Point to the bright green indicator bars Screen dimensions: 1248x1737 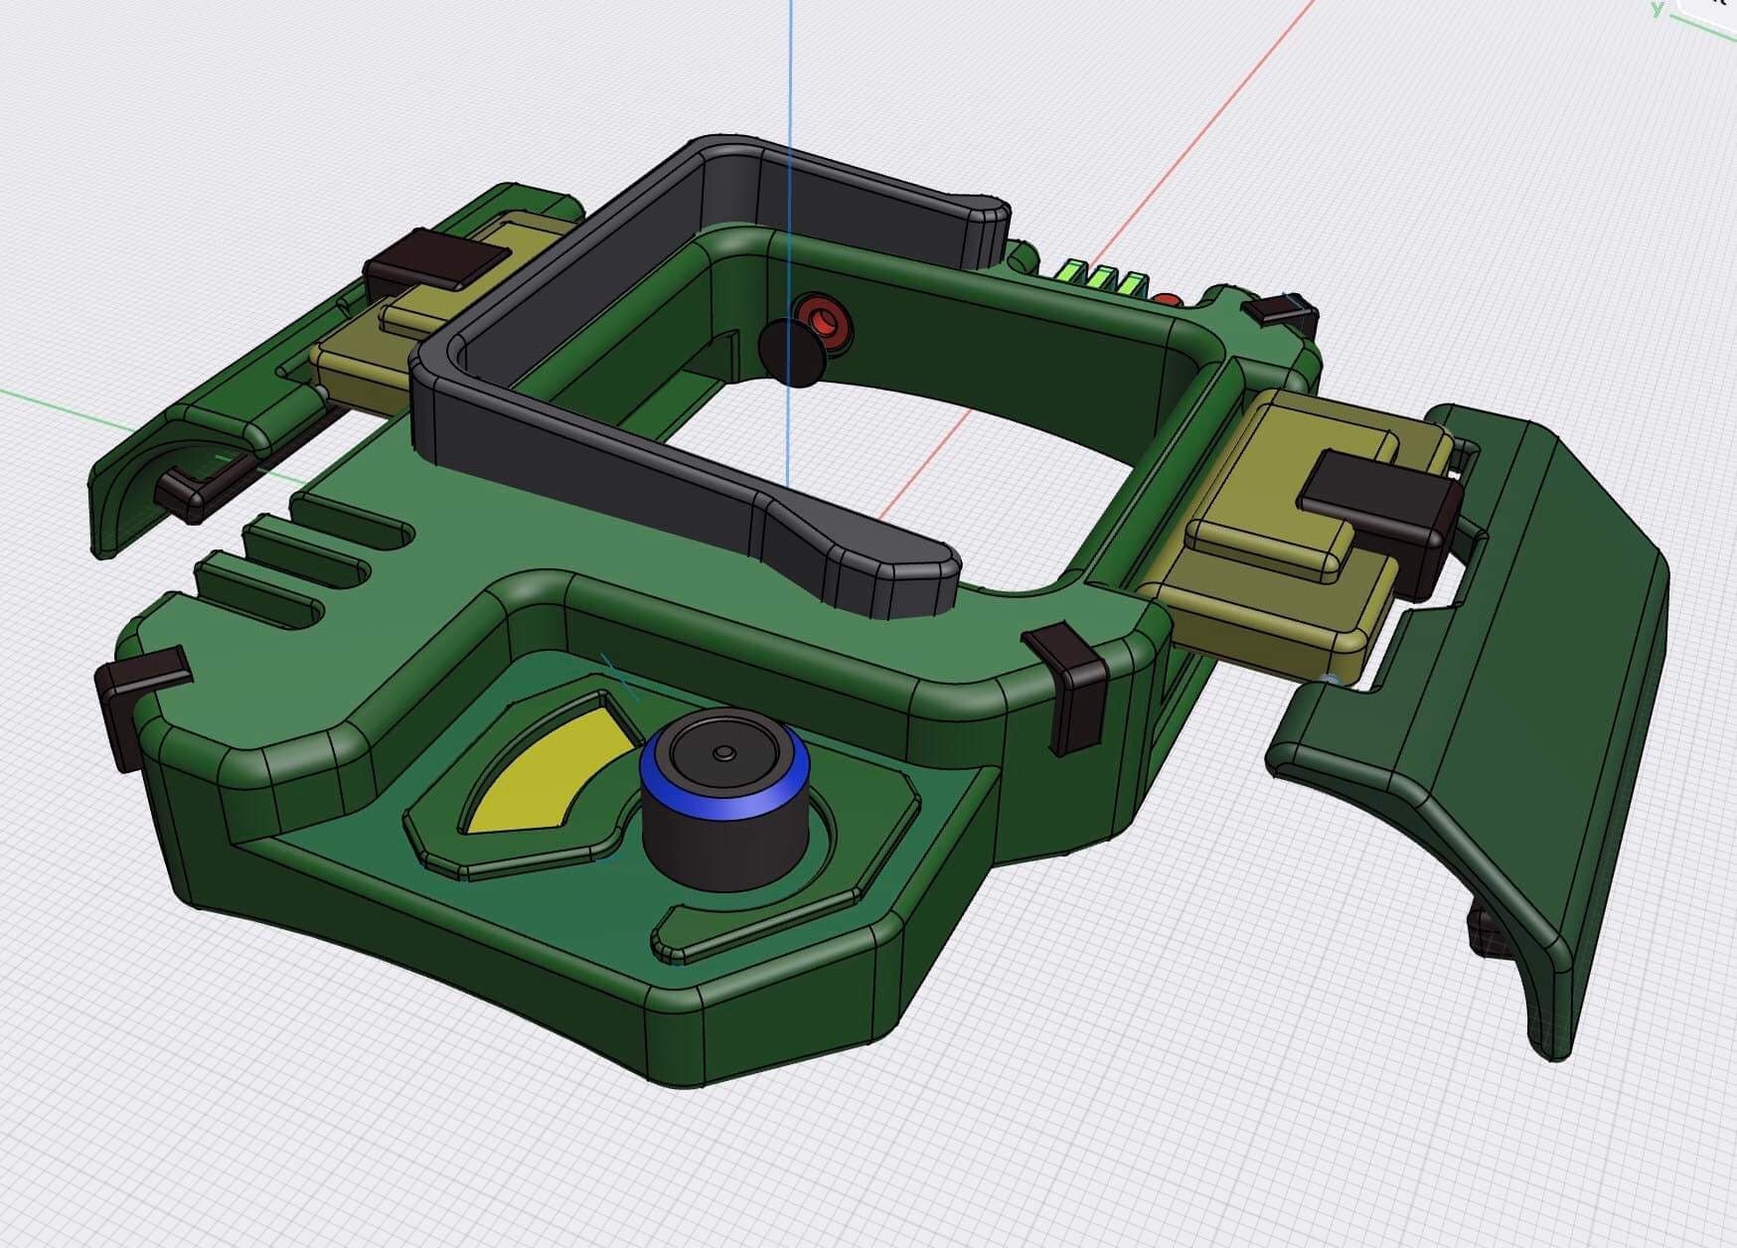[1104, 279]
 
